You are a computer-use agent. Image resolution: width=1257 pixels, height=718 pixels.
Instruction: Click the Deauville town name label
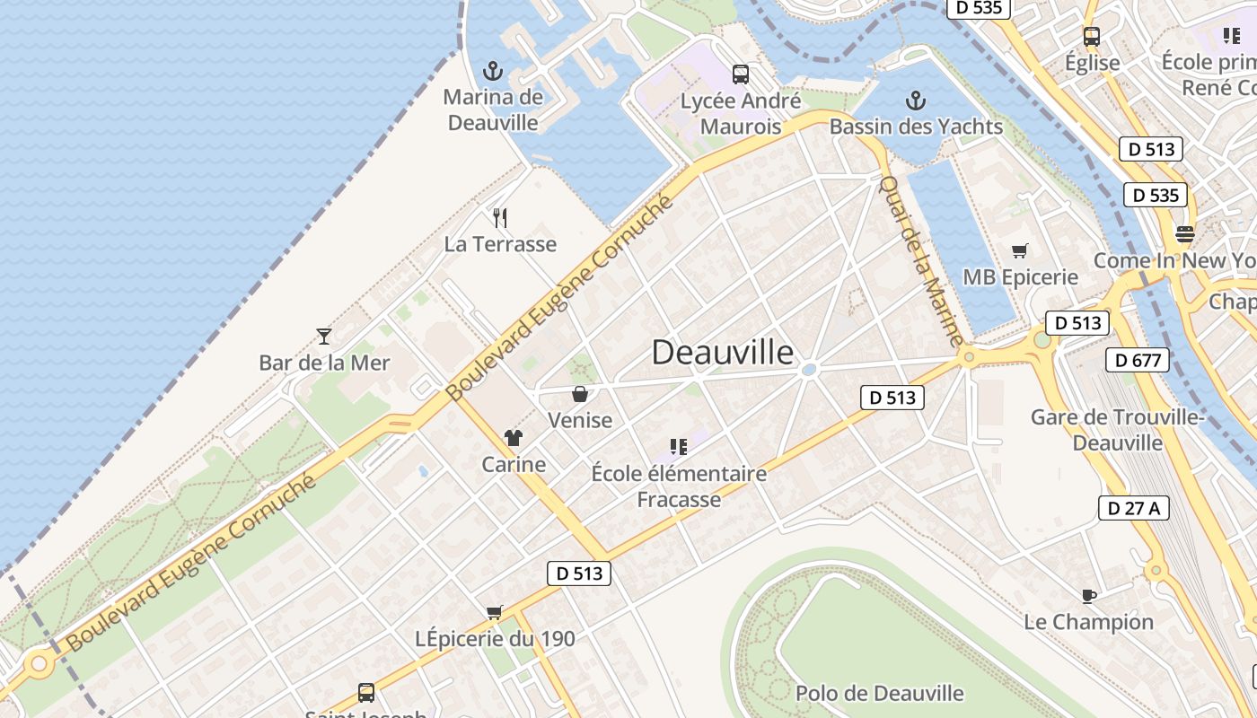pos(723,352)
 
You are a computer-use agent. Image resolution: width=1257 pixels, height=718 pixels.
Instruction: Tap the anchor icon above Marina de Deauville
pos(492,71)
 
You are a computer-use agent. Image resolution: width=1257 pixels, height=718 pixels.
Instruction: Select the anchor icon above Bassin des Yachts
pos(916,100)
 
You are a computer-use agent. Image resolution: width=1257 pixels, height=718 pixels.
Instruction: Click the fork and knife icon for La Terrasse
pos(500,217)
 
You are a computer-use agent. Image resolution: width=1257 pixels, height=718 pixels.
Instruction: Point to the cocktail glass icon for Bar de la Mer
pos(324,337)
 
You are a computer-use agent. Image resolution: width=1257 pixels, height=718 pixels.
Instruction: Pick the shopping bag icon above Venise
pos(580,393)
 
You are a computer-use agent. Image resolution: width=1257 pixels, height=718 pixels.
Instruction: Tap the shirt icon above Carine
pos(513,437)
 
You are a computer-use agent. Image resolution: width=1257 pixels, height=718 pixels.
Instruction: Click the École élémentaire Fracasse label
pos(679,486)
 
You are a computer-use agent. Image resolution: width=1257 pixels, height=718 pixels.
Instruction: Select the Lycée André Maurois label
pos(741,113)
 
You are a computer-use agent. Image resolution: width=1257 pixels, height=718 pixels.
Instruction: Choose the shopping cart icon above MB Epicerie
pos(1019,250)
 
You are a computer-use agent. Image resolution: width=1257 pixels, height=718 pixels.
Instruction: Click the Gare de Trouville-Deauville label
pos(1118,430)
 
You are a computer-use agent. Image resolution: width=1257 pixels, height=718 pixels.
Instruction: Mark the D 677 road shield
pos(1138,361)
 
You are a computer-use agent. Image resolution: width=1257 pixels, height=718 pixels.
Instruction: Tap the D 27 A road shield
pos(1133,508)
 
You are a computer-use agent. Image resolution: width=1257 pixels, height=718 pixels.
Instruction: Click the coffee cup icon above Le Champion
pos(1088,595)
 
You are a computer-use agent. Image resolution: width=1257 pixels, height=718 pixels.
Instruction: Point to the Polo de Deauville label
pos(879,693)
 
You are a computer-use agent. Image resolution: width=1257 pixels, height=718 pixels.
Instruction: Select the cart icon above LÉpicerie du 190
pos(494,612)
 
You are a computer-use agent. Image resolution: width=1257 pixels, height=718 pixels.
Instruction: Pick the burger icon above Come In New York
pos(1184,234)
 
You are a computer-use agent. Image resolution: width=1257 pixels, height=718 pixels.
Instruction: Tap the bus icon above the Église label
pos(1092,37)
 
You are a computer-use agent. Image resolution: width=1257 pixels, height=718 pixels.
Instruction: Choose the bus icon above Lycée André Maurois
pos(740,74)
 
